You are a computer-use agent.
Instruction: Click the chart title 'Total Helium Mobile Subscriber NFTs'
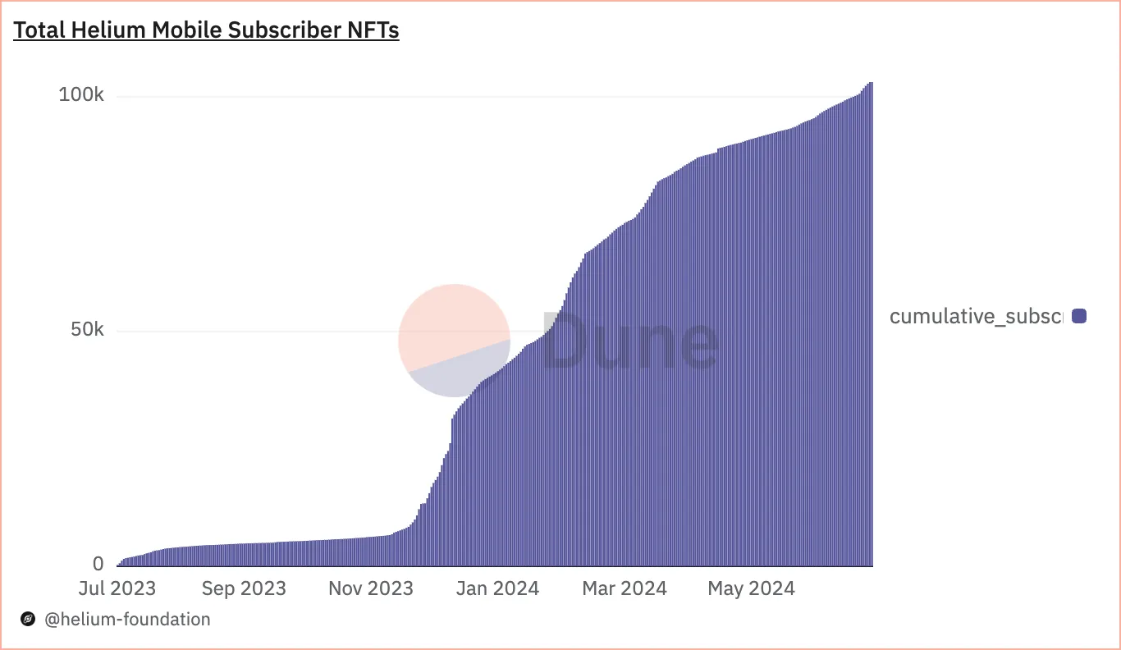point(206,31)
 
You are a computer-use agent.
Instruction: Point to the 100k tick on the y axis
point(81,95)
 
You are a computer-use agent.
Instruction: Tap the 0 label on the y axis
point(98,564)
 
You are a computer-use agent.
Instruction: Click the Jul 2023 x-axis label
point(117,588)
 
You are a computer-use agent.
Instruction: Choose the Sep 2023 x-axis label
point(244,588)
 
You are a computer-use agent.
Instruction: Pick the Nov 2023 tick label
point(371,588)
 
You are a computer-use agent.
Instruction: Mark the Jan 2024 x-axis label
point(497,588)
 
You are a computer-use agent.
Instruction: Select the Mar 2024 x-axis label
point(625,588)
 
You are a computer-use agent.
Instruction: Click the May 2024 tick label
point(752,588)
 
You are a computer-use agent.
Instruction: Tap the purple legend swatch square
point(1079,316)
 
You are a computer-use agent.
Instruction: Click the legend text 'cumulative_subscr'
point(976,316)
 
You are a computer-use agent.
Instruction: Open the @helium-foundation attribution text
point(127,620)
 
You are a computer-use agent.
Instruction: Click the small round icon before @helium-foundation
point(28,620)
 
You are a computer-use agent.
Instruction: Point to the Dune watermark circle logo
point(454,340)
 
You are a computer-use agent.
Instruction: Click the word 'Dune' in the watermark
point(629,340)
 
